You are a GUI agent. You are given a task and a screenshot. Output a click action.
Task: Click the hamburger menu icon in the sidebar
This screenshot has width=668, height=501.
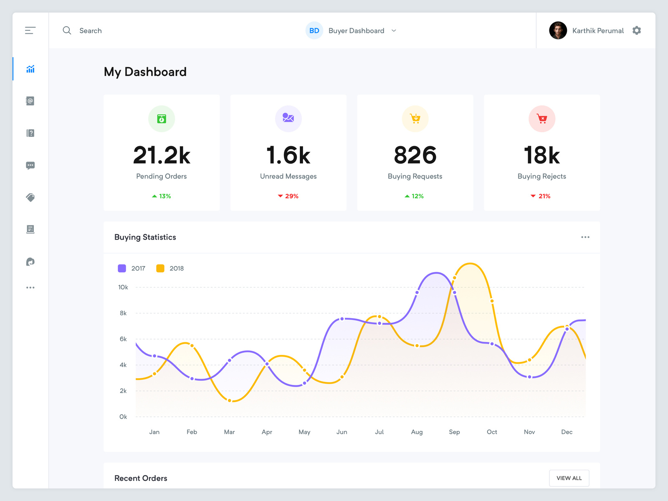coord(30,30)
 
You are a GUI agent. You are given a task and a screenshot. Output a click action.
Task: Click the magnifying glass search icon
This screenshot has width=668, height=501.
coord(67,30)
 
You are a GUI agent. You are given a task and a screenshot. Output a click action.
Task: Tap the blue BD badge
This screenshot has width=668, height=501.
coord(314,30)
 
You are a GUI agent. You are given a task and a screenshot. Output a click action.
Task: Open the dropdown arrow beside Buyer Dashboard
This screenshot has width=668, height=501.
coord(394,30)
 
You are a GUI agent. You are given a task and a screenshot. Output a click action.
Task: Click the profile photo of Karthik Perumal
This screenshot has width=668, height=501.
coord(558,30)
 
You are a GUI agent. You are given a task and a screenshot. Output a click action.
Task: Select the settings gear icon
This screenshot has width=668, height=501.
coord(636,30)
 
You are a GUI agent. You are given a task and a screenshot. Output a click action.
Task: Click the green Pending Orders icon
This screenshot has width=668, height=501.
coord(162,119)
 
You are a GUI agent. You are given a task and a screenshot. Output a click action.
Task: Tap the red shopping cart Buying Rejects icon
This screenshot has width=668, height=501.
coord(542,119)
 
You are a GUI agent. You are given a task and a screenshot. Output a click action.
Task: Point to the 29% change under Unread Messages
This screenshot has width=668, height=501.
coord(288,196)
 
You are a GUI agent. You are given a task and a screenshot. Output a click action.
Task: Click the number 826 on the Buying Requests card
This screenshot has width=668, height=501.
coord(415,155)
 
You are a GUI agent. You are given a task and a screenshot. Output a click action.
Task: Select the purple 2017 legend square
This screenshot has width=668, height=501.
coord(122,268)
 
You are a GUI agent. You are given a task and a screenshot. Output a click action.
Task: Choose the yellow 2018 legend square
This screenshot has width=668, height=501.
coord(160,268)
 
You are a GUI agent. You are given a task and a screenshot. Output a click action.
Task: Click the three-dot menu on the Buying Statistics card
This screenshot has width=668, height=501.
coord(585,237)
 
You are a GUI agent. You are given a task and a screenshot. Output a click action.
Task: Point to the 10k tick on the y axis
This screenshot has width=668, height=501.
coord(123,287)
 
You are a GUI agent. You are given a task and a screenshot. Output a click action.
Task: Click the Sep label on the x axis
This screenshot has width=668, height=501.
coord(454,432)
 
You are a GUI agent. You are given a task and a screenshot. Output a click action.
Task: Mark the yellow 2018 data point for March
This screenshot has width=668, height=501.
coord(230,400)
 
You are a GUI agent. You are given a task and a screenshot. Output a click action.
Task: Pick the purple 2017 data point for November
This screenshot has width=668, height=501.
coord(529,377)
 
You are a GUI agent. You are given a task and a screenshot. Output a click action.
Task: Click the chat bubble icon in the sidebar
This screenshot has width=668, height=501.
coord(30,165)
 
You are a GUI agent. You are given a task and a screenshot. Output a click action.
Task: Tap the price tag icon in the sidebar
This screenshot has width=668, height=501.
coord(30,197)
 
